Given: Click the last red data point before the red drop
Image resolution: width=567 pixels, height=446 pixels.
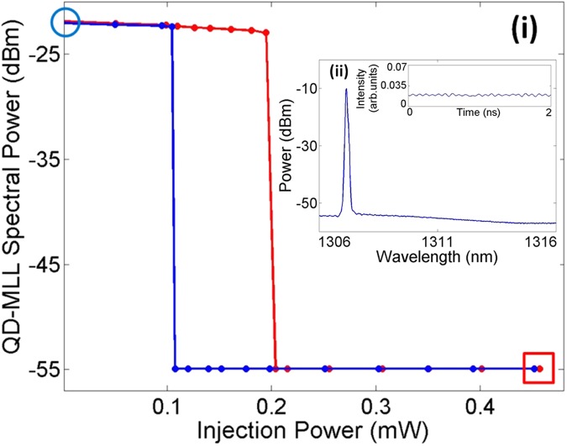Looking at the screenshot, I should [x=266, y=33].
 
